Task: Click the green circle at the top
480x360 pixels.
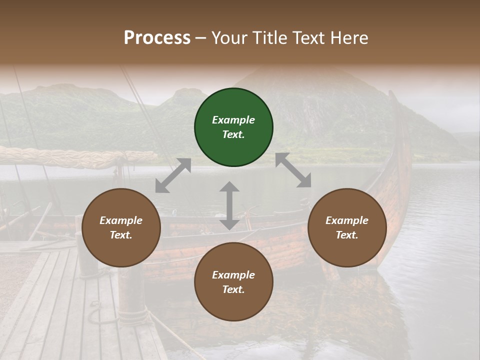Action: (x=233, y=127)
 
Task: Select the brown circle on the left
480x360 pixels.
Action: (x=121, y=227)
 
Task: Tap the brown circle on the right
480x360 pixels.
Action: (x=347, y=227)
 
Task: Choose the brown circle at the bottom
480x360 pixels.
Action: (x=233, y=282)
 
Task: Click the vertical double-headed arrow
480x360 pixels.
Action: (x=229, y=205)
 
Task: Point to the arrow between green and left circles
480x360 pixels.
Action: (x=173, y=175)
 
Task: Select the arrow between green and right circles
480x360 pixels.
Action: (x=293, y=170)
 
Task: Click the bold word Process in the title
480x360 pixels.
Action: (x=157, y=37)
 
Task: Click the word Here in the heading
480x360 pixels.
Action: (x=349, y=37)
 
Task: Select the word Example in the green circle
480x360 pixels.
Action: (x=233, y=120)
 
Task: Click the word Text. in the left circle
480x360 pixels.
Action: (x=121, y=235)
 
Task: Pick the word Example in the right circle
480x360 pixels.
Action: (x=347, y=220)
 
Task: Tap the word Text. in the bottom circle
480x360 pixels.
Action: (x=233, y=289)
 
